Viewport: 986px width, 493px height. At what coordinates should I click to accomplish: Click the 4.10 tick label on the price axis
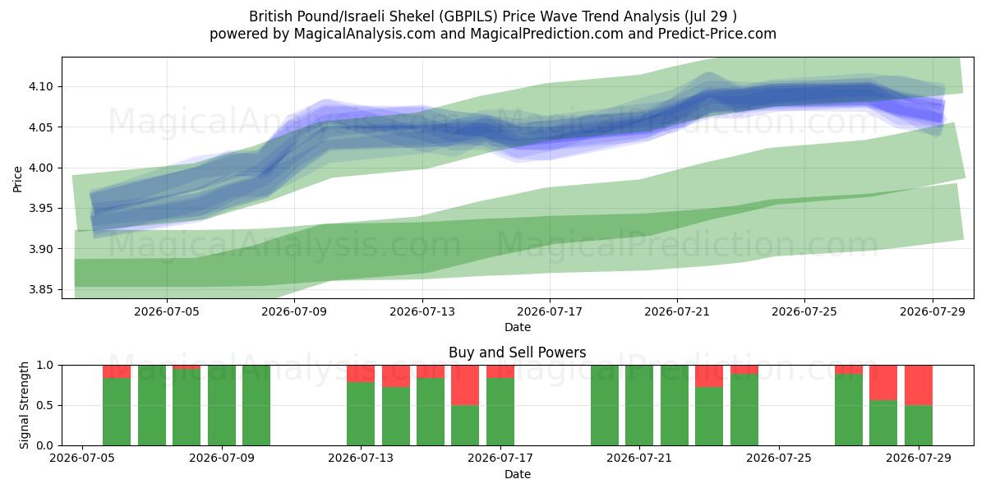coord(40,87)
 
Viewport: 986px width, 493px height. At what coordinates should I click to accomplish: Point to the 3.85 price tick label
coord(40,289)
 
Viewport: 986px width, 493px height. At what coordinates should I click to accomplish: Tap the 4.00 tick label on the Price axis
coord(40,168)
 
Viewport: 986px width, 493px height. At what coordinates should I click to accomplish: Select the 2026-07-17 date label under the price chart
coord(550,311)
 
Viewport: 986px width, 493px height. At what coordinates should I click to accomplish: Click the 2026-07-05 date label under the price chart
coord(167,311)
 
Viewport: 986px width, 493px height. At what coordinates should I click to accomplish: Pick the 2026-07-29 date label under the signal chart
coord(919,458)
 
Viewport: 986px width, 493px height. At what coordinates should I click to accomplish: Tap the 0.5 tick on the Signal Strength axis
coord(44,405)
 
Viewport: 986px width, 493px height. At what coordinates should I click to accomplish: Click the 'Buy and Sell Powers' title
coord(517,352)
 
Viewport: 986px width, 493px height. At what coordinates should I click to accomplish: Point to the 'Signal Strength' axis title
coord(24,405)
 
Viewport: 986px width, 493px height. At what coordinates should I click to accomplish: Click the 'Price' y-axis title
coord(17,179)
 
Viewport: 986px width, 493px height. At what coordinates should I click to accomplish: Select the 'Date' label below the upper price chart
coord(517,327)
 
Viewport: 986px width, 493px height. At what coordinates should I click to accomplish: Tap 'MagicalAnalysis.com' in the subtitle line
coord(365,34)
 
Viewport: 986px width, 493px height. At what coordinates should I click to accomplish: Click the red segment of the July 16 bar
coord(465,385)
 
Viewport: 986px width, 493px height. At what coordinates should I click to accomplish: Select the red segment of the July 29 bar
coord(919,385)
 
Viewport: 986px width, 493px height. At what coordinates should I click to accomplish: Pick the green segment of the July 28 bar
coord(883,422)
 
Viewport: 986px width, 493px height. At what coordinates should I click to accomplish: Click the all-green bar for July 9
coord(221,405)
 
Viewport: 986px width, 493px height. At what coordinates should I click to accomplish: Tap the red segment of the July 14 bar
coord(396,376)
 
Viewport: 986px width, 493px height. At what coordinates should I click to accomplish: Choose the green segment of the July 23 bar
coord(709,416)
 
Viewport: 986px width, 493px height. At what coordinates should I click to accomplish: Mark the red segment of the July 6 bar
coord(117,371)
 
